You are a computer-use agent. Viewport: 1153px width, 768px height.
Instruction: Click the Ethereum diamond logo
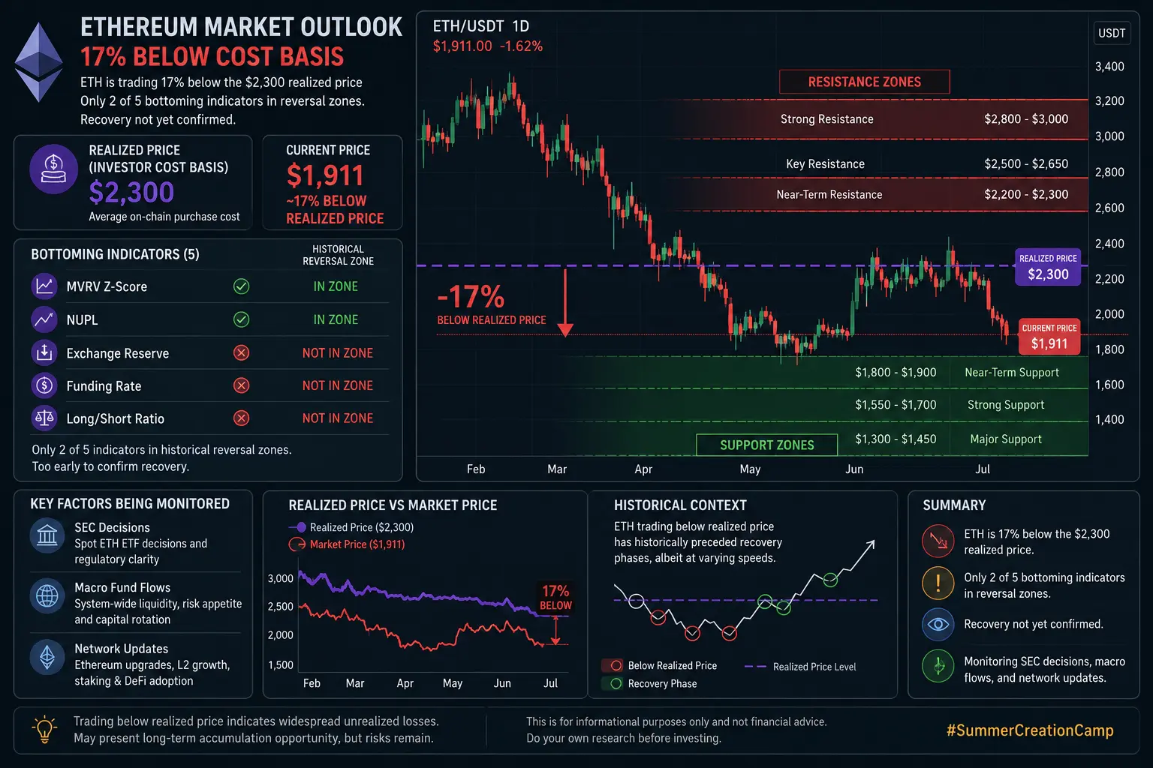(39, 62)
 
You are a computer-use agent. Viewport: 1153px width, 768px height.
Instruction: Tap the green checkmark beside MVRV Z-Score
(241, 286)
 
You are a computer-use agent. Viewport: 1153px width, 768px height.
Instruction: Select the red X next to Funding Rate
(241, 385)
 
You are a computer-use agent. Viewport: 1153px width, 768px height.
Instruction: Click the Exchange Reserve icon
(44, 353)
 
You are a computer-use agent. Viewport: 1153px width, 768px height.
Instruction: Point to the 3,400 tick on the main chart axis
(1109, 66)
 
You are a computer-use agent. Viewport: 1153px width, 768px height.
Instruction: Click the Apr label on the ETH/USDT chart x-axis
(643, 469)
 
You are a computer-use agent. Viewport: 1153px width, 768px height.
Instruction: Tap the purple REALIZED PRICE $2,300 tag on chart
(1048, 267)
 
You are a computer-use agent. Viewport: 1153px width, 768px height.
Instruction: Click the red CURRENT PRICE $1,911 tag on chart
(1049, 337)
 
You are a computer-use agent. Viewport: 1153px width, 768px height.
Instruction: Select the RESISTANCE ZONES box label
(864, 82)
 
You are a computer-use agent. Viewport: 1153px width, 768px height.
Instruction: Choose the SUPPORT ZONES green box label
(767, 445)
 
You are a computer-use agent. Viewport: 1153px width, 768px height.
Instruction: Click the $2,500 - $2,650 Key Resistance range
(1026, 164)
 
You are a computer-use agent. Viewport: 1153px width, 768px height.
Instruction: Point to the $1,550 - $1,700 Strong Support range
(896, 405)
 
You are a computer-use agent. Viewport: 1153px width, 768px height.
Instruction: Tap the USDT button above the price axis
(1112, 34)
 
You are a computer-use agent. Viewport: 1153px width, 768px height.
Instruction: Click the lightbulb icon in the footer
(44, 729)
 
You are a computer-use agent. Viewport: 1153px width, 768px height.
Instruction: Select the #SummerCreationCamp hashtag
(1029, 730)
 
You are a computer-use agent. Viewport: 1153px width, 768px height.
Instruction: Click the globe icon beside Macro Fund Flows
(47, 596)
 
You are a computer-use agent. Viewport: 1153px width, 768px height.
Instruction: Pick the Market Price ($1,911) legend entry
(346, 544)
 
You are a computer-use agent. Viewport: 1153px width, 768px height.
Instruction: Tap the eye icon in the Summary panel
(938, 625)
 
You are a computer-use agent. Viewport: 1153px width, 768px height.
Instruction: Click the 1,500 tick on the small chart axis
(281, 665)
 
